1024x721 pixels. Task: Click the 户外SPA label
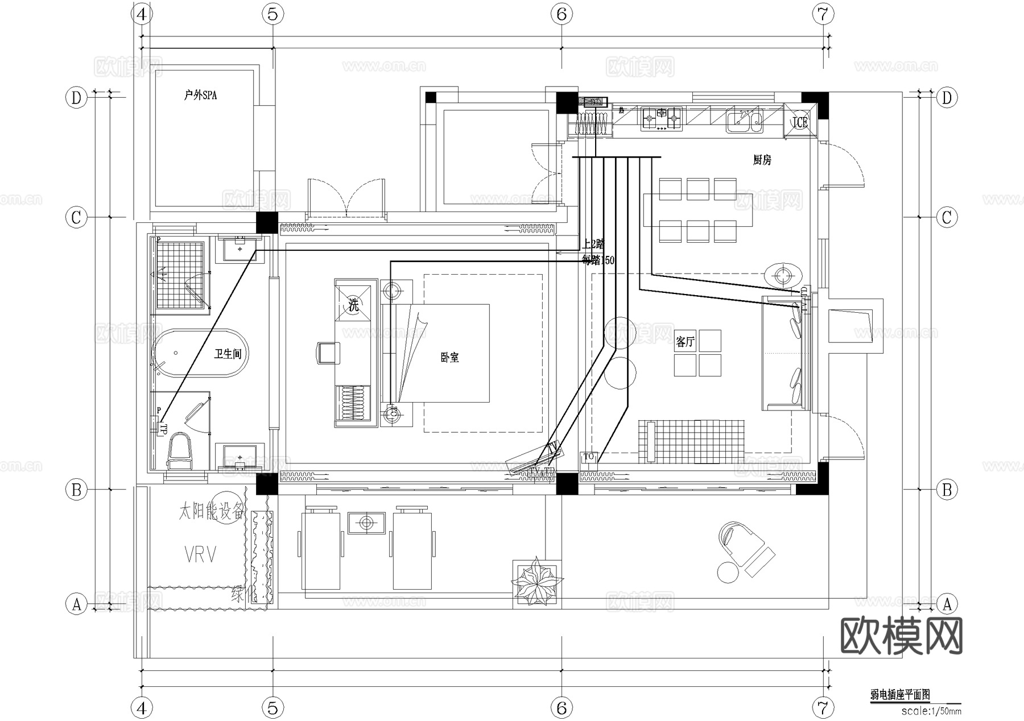tap(200, 95)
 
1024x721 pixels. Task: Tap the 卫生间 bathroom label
tap(228, 354)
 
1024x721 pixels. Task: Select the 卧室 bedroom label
tap(449, 358)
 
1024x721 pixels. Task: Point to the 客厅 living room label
tap(685, 342)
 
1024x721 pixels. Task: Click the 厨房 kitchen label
tap(762, 160)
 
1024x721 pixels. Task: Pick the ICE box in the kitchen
tap(800, 122)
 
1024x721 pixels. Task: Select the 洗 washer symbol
tap(353, 305)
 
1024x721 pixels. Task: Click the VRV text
tap(200, 554)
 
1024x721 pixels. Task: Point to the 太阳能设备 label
tap(211, 512)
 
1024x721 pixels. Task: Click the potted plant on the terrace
tap(536, 583)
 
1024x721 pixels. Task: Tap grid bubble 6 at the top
tap(561, 14)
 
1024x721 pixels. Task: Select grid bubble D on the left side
tap(76, 98)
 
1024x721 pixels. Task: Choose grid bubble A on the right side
tap(947, 604)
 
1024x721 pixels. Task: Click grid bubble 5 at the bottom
tap(273, 708)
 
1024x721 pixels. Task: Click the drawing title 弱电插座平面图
tap(899, 694)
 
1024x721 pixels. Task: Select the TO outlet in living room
tap(588, 457)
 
